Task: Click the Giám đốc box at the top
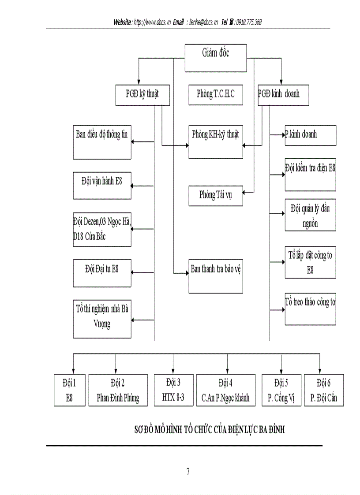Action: click(216, 58)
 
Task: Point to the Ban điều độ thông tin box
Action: click(102, 142)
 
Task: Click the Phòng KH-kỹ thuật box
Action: click(216, 142)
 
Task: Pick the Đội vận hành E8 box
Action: click(102, 186)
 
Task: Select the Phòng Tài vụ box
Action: click(216, 196)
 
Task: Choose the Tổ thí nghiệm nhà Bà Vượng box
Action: click(102, 319)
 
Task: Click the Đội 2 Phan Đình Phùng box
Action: click(118, 390)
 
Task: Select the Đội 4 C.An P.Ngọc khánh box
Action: click(226, 390)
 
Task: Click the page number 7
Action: click(188, 472)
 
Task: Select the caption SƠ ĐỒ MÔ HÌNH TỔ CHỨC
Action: click(209, 430)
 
